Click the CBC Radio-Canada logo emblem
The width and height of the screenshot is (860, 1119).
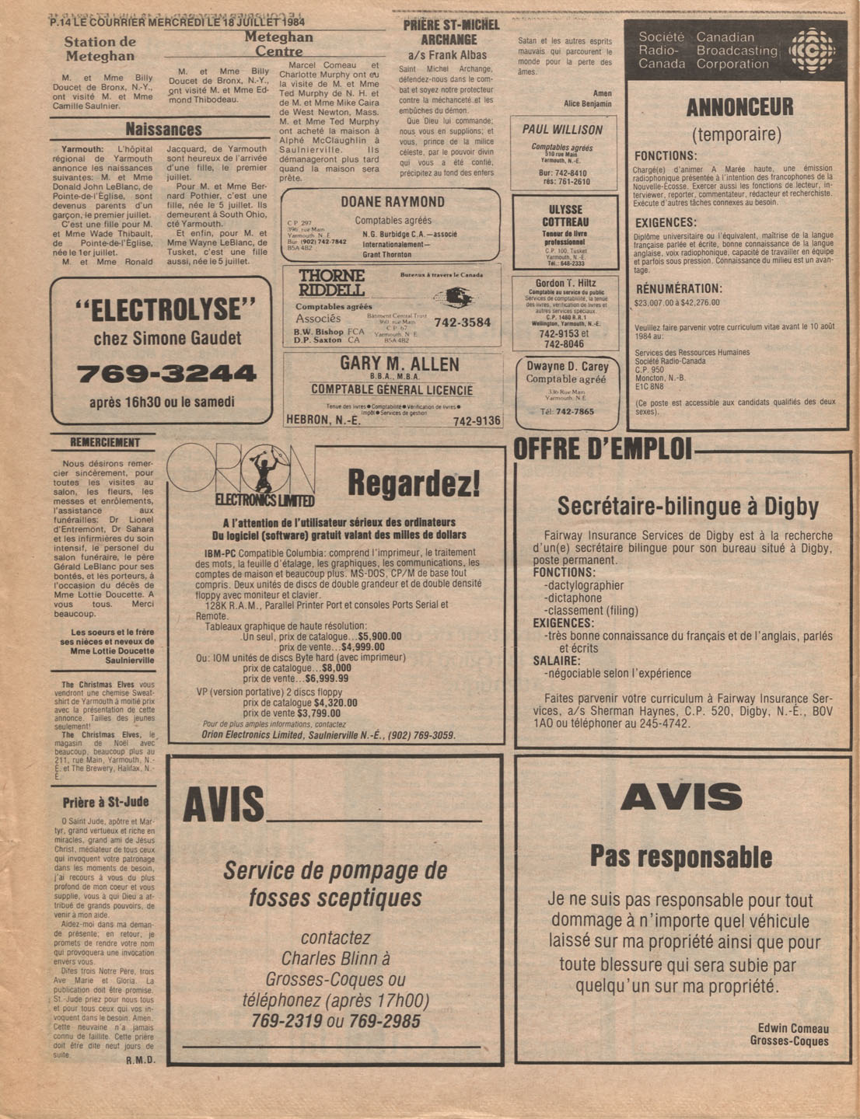pos(812,51)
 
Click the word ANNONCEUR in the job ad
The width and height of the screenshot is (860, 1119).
pos(739,107)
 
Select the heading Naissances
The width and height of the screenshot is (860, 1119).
pos(163,130)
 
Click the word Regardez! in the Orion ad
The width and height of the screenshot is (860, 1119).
pos(413,483)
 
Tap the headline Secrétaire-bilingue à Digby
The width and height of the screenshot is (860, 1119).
pos(687,507)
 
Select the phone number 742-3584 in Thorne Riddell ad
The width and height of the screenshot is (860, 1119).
pos(462,322)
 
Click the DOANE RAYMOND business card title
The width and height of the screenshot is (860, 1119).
pos(392,202)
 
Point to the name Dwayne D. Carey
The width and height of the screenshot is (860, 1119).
pos(567,366)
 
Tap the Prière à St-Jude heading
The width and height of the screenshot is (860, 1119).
pos(106,802)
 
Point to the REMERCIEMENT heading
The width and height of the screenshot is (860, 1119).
pos(105,443)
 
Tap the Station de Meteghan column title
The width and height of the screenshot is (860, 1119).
pos(100,49)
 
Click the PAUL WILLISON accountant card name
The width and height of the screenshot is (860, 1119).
pos(562,130)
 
